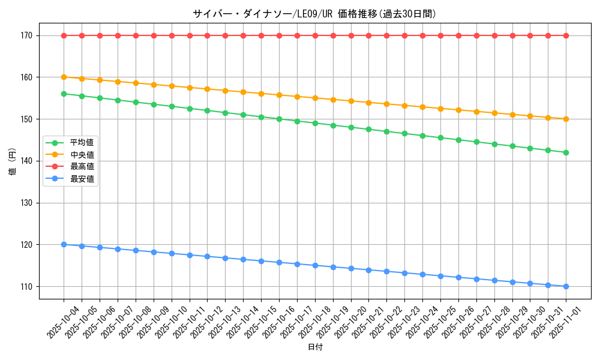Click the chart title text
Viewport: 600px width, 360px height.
pos(314,14)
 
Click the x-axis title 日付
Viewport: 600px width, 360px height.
pos(315,347)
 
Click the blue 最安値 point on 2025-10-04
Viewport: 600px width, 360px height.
pos(64,245)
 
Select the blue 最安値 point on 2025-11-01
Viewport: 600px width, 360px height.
pos(566,286)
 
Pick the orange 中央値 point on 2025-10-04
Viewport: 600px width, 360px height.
pos(64,77)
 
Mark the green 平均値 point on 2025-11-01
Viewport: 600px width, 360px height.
pos(566,152)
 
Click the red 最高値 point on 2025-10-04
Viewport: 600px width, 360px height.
pos(64,35)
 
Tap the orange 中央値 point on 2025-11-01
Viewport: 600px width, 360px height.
pos(566,119)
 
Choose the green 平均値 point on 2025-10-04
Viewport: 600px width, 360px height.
pos(64,94)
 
